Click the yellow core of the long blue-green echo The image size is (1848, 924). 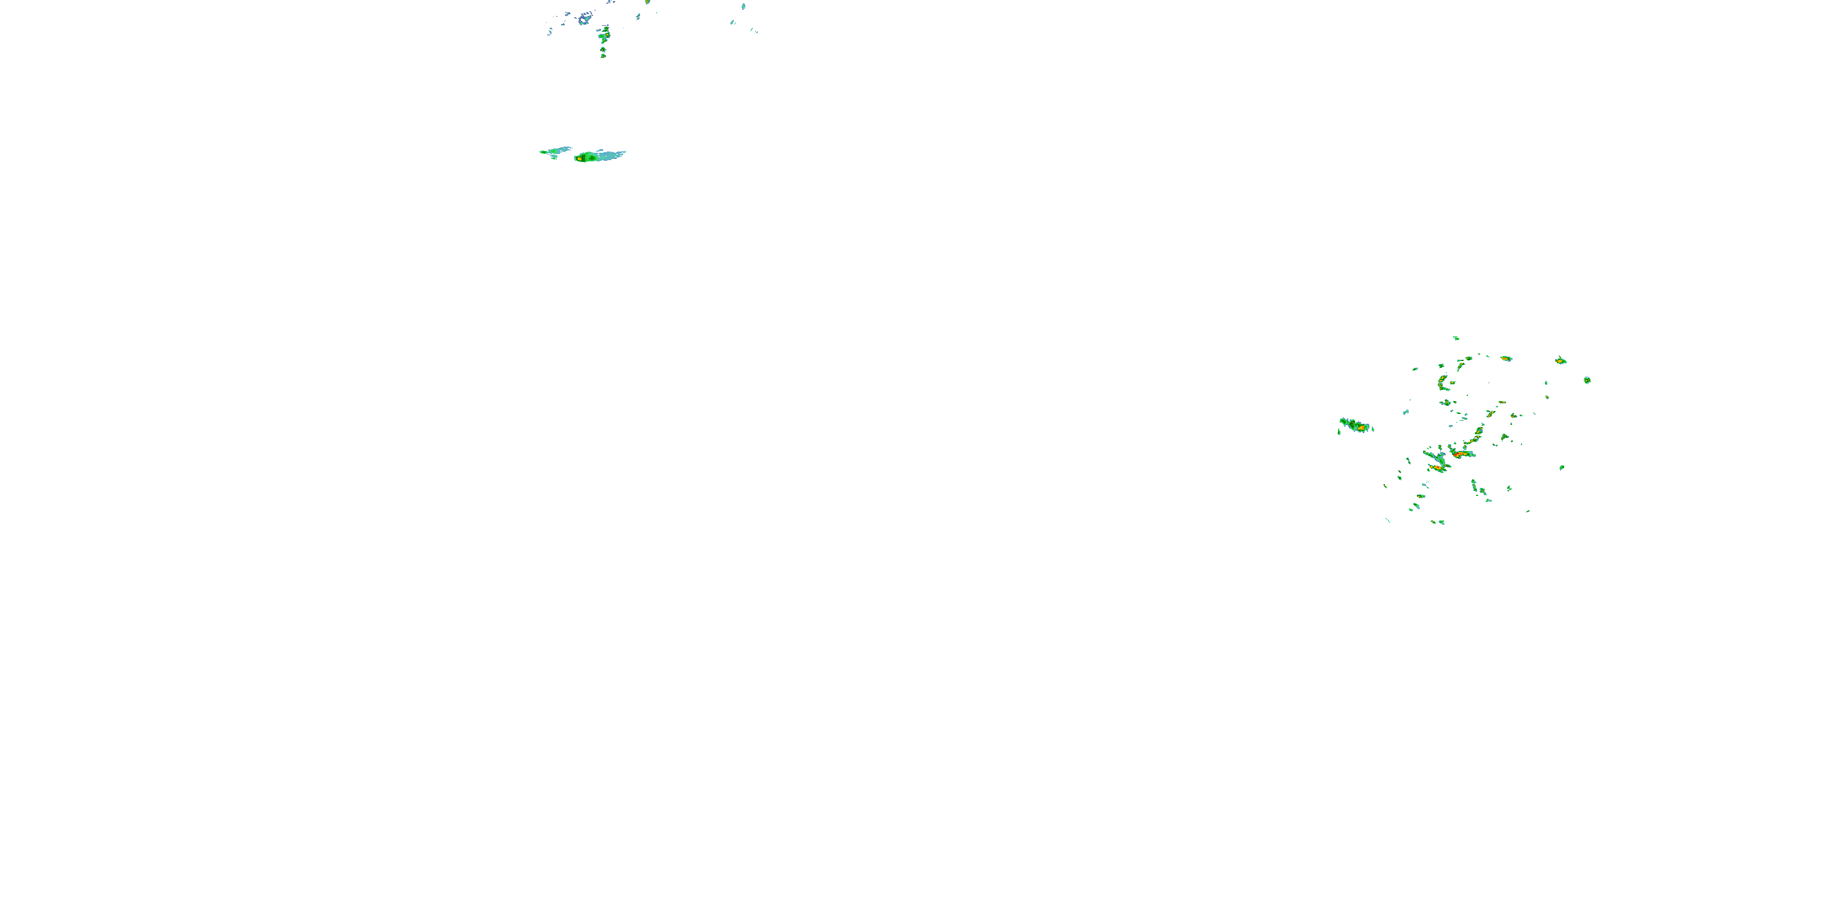coord(579,158)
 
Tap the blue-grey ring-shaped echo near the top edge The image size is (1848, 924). coord(585,17)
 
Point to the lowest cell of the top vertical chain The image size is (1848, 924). coord(602,55)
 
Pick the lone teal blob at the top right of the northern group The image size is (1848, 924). coord(744,6)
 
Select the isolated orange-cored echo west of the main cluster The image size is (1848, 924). coord(1360,428)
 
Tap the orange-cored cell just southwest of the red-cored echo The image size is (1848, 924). coord(1437,467)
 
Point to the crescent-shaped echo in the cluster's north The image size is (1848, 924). coord(1442,383)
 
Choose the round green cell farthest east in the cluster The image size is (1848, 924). coord(1587,380)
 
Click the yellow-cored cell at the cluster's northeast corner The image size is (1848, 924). coord(1560,360)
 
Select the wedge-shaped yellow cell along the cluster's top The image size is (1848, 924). coord(1506,358)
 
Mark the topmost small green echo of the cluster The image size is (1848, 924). coord(1456,338)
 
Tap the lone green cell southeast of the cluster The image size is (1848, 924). coord(1562,468)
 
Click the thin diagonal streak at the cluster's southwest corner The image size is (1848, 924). coord(1387,519)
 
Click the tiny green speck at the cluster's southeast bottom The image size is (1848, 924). coord(1528,511)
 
